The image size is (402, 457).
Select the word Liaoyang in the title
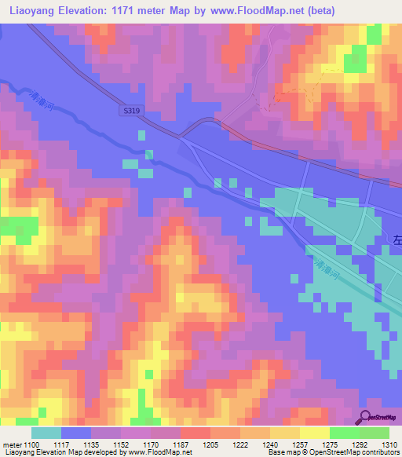coord(31,11)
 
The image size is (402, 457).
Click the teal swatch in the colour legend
coord(46,433)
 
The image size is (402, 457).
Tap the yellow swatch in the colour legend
coord(314,433)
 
